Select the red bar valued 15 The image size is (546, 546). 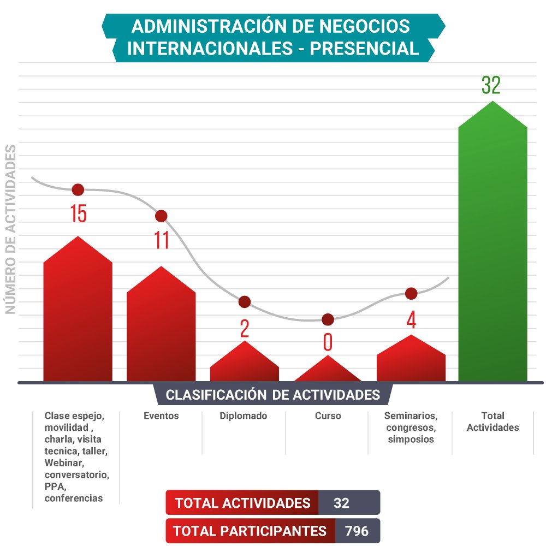78,317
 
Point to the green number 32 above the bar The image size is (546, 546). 491,86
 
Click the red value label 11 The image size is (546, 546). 162,240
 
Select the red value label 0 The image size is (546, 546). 328,342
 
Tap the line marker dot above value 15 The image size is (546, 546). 78,190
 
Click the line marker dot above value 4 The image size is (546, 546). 411,294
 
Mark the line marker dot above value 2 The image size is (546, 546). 245,302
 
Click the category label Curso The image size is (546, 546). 328,416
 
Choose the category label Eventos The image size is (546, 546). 161,416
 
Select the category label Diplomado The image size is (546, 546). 244,416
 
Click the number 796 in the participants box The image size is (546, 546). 357,531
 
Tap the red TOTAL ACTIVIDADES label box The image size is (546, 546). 242,503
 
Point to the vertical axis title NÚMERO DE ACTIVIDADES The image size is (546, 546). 10,229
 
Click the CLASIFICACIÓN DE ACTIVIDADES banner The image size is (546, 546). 272,395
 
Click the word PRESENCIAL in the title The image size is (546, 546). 364,49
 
